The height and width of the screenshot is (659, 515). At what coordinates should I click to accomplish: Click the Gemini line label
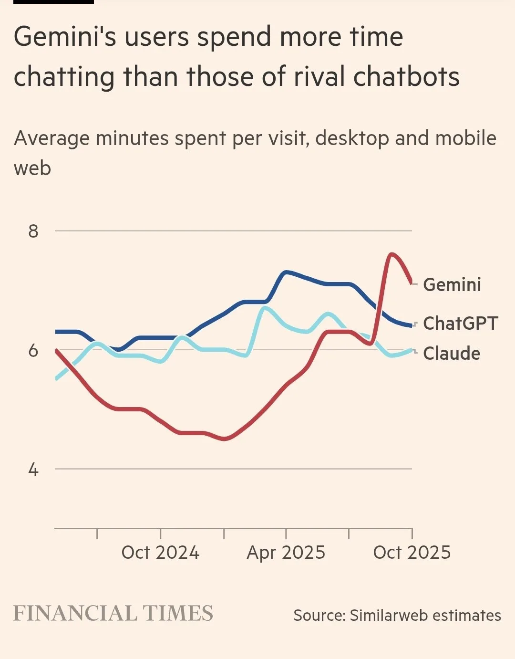(x=452, y=285)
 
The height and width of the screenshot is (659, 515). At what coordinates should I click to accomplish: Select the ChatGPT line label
(x=460, y=324)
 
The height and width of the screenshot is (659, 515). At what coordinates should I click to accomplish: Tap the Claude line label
(x=452, y=354)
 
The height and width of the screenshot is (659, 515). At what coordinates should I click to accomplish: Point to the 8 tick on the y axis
(x=33, y=231)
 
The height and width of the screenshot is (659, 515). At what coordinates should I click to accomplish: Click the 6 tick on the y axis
(x=33, y=351)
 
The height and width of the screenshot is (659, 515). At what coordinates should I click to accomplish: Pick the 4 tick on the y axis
(x=33, y=470)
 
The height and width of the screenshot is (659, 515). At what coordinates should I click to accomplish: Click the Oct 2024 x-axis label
(x=160, y=553)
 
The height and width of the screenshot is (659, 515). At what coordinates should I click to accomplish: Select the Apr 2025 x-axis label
(x=286, y=553)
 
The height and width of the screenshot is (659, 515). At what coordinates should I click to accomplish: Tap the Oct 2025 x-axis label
(x=412, y=553)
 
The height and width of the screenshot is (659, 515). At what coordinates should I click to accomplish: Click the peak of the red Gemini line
(x=391, y=254)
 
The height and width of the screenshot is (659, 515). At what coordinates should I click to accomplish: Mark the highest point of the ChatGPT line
(x=286, y=272)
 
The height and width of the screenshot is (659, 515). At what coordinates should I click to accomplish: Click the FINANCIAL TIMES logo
(x=113, y=614)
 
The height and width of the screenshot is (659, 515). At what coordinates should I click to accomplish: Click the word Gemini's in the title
(x=65, y=38)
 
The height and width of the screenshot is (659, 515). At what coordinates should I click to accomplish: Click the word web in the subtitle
(x=32, y=168)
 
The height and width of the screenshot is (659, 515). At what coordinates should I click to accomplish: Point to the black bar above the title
(x=47, y=1)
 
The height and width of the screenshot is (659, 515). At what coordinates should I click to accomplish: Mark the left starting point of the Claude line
(x=56, y=379)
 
